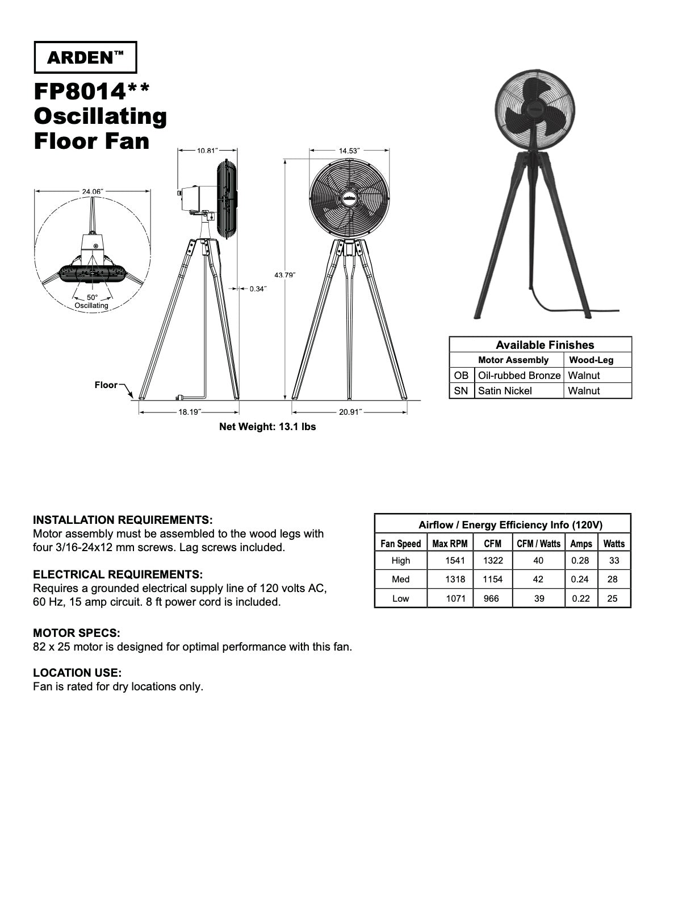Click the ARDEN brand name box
pos(86,57)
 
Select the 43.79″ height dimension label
pos(285,275)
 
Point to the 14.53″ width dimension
pos(349,151)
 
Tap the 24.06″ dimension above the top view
pos(92,191)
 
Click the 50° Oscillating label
pos(91,301)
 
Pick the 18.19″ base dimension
pos(190,412)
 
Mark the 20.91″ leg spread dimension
pos(350,412)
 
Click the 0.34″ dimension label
pos(258,289)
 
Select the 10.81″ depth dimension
pos(207,151)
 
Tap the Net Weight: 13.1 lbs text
pos(267,426)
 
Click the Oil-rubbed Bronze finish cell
pos(519,376)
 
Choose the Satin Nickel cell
pos(505,391)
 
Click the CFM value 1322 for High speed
pos(492,561)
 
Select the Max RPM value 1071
pos(455,598)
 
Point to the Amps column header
pos(581,544)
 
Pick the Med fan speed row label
pos(400,580)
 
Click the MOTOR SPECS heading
pos(77,633)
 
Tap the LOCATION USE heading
pos(77,673)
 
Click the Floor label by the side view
pos(106,385)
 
